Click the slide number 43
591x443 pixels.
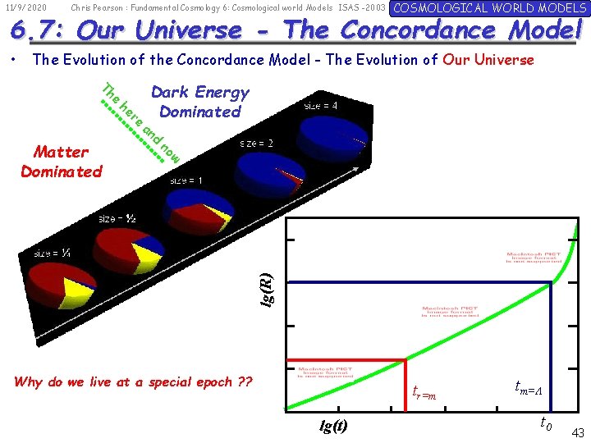click(x=577, y=432)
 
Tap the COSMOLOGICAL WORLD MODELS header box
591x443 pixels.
click(x=489, y=8)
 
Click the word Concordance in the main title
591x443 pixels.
click(x=417, y=30)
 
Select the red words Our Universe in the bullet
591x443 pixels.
click(x=488, y=60)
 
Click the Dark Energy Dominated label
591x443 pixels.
click(x=200, y=102)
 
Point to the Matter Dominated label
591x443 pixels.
click(x=62, y=162)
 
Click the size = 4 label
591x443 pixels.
click(x=321, y=106)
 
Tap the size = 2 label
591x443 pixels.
click(x=257, y=143)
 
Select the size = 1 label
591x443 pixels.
click(x=186, y=180)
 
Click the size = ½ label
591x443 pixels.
click(x=117, y=218)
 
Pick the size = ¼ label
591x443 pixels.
click(x=52, y=253)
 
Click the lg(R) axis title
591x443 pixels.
click(x=267, y=290)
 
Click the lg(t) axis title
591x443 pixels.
click(x=333, y=425)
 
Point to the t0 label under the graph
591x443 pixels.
click(x=545, y=423)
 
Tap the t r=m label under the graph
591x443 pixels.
click(x=424, y=393)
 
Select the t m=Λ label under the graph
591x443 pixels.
click(x=527, y=388)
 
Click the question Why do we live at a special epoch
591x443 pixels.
click(x=134, y=381)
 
